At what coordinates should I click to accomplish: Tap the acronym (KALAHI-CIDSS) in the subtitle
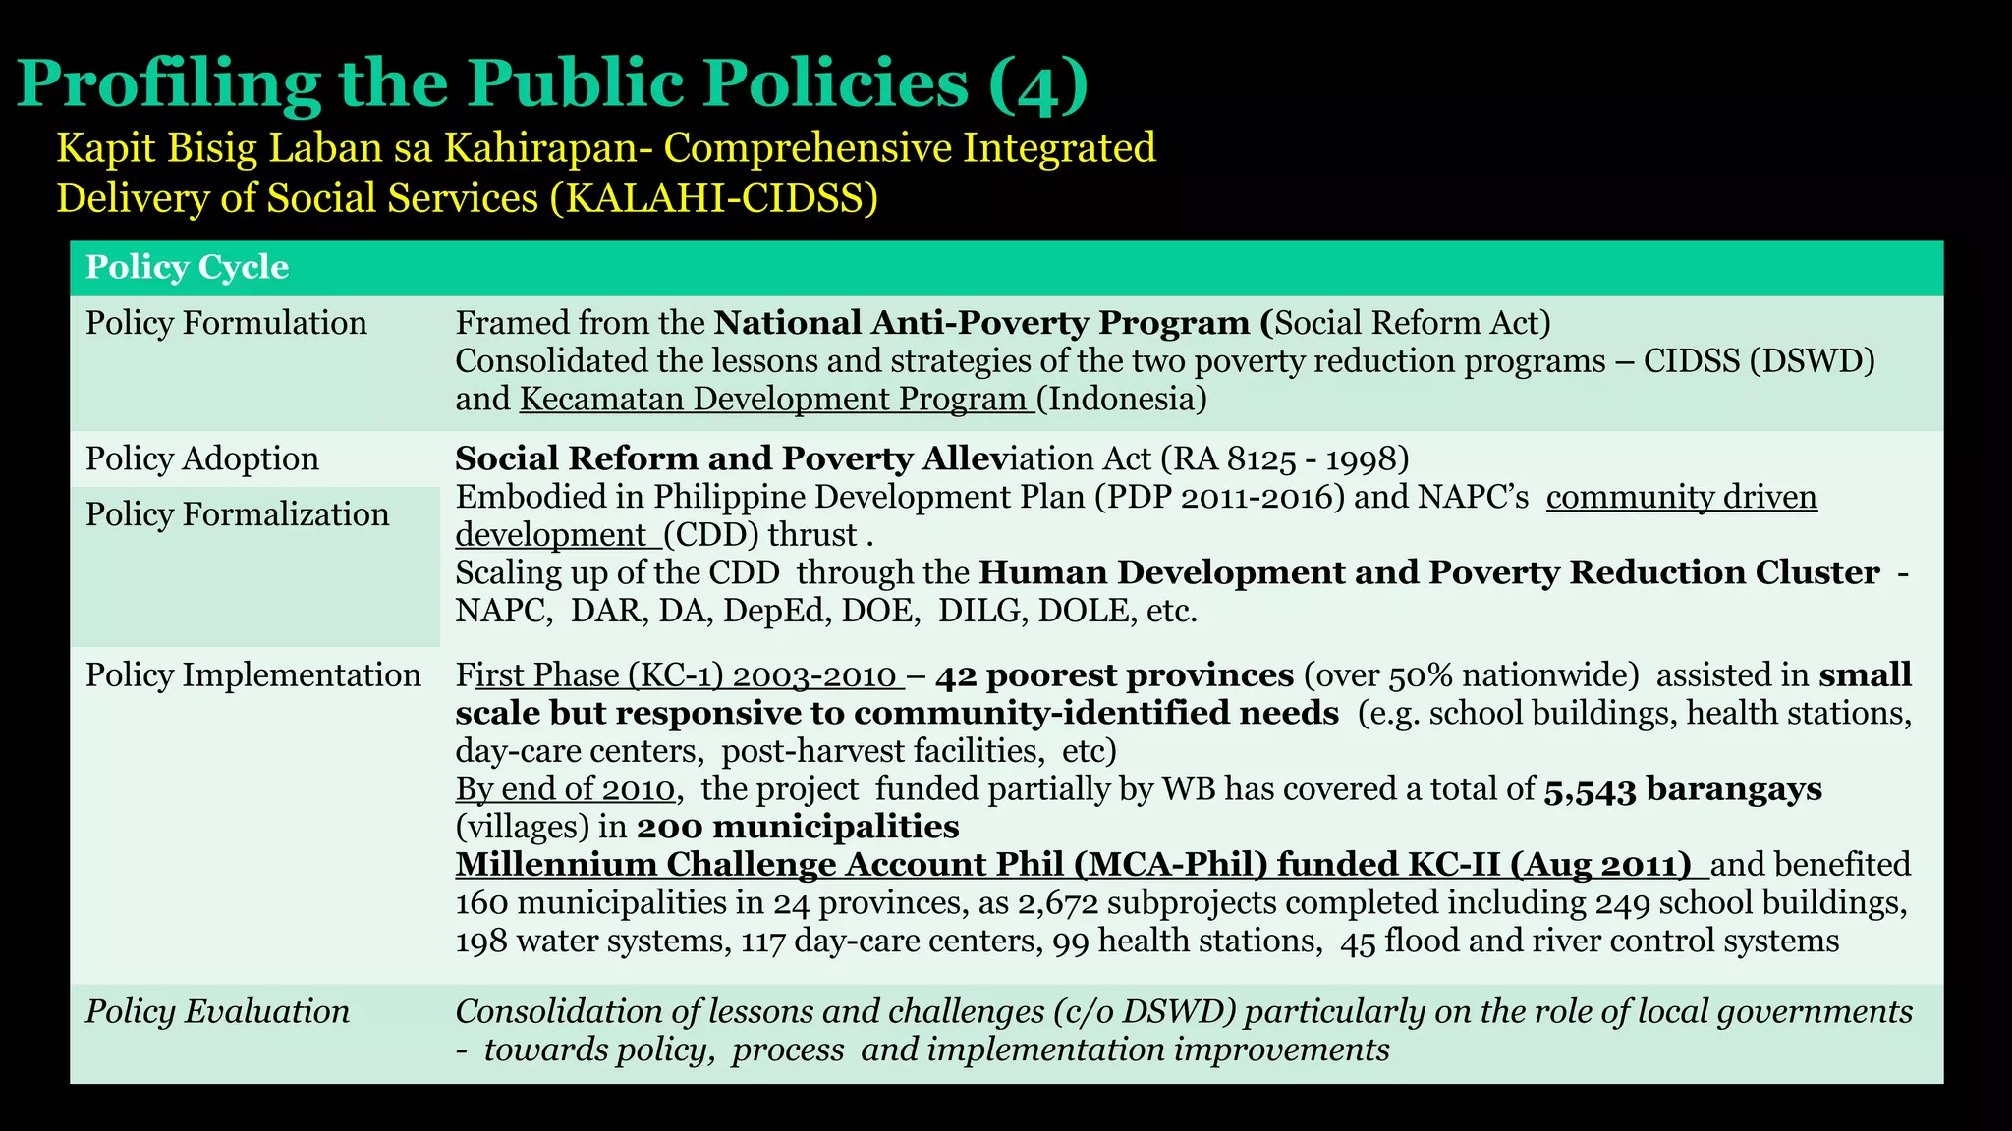713,198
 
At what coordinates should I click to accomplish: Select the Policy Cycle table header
187,267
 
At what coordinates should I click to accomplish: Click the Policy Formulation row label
226,323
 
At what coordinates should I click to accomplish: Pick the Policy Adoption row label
201,458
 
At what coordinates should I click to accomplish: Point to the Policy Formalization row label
237,514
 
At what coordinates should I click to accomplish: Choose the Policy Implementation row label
252,675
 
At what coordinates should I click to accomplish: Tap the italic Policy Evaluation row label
217,1012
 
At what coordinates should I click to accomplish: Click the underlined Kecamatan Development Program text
775,399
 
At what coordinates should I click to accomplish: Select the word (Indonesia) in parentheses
1121,399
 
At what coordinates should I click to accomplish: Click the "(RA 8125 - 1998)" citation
1284,458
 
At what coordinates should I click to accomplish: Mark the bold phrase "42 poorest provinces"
1114,675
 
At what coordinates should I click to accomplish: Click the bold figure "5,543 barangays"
1683,789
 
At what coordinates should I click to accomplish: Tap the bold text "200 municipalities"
798,827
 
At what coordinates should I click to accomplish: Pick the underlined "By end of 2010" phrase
565,789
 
